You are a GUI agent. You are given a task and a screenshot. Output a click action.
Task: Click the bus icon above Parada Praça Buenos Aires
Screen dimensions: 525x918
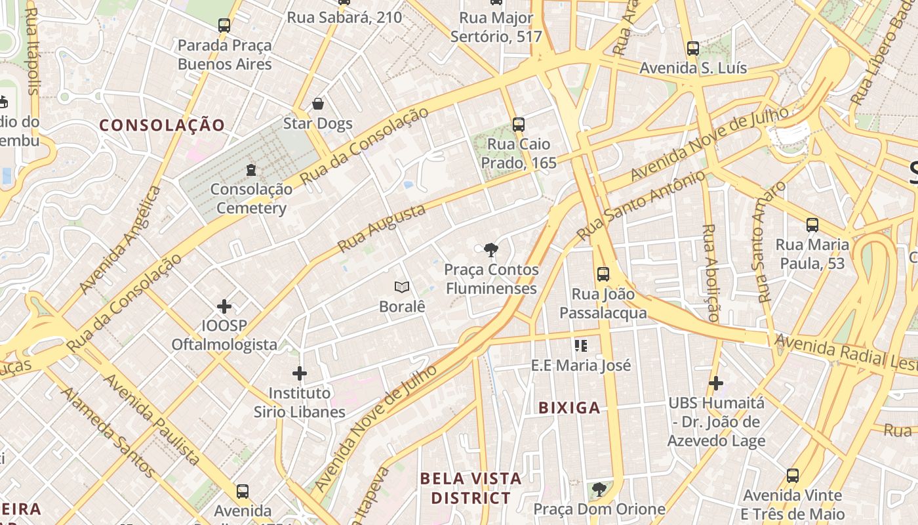click(x=224, y=26)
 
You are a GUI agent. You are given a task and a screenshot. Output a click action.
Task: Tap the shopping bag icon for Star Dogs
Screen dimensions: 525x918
click(x=318, y=104)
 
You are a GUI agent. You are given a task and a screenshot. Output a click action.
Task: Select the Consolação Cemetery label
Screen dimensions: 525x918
click(x=251, y=199)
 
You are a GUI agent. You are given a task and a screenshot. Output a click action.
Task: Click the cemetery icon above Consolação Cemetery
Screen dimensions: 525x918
click(x=250, y=170)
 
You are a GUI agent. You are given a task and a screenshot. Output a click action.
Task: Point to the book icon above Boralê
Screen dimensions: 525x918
click(x=402, y=287)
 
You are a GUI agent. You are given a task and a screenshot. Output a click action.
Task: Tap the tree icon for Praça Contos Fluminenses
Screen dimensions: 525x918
click(x=490, y=249)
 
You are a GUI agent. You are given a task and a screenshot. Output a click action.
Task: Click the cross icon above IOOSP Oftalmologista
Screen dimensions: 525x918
click(x=224, y=306)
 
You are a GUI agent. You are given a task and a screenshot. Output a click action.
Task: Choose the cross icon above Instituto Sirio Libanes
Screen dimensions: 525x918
click(x=300, y=373)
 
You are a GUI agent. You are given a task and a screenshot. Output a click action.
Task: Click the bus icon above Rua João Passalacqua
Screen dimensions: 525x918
click(x=603, y=274)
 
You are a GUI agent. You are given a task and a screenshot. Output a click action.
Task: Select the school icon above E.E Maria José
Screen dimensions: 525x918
click(x=580, y=345)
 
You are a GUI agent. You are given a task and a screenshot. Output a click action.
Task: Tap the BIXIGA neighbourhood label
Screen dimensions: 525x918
click(x=569, y=408)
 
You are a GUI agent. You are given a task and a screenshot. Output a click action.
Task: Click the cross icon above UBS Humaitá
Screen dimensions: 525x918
click(x=716, y=383)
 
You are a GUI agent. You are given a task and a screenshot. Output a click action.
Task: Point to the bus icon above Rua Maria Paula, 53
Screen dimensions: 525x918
click(x=812, y=225)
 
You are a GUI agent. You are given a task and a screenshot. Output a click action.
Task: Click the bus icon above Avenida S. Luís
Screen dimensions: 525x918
click(x=693, y=48)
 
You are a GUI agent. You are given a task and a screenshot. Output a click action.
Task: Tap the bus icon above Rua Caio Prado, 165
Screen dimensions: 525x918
click(x=519, y=124)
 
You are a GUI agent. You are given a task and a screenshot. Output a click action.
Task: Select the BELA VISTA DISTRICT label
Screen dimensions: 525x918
click(x=470, y=488)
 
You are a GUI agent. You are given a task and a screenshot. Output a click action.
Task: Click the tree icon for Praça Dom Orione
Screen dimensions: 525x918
click(x=599, y=490)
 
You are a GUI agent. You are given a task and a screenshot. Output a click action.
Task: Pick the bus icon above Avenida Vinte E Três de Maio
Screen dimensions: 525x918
click(x=793, y=476)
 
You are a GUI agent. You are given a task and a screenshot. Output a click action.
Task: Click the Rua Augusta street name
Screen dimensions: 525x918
click(x=382, y=228)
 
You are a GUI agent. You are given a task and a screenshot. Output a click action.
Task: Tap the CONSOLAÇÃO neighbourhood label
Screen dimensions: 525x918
click(x=162, y=125)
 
